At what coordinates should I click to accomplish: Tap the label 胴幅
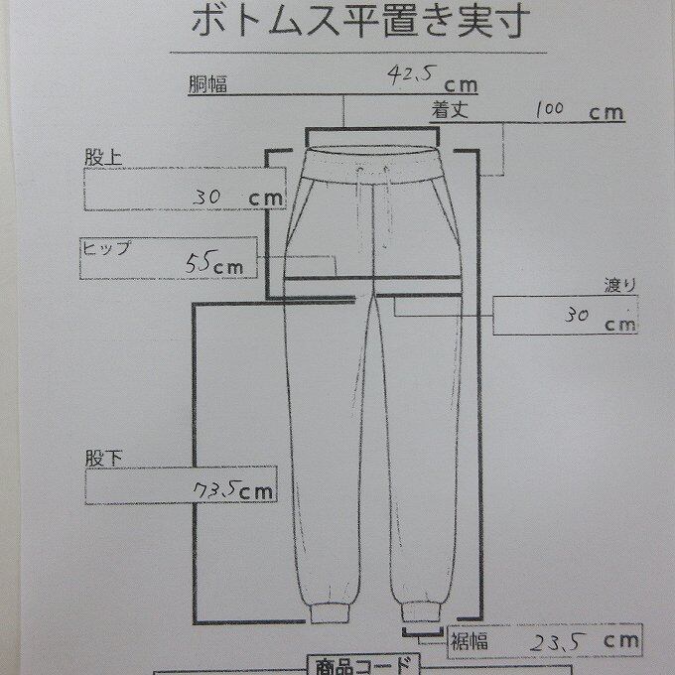[x=208, y=85]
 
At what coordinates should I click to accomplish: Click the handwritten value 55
[x=201, y=263]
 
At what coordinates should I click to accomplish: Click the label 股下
[x=100, y=461]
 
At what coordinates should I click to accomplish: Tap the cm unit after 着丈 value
[x=606, y=112]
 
